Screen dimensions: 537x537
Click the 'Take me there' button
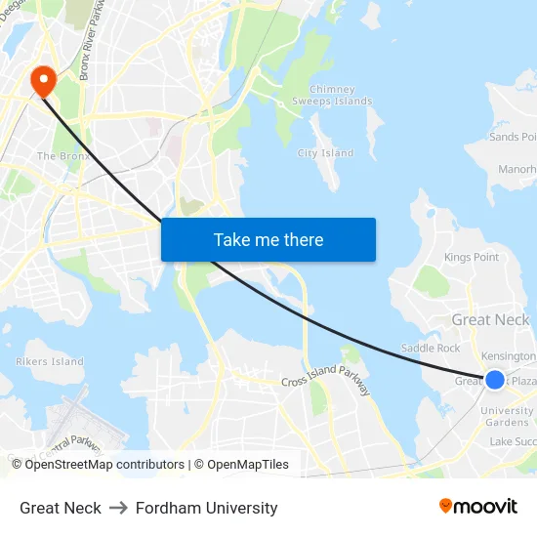click(x=268, y=239)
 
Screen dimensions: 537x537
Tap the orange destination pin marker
click(x=44, y=80)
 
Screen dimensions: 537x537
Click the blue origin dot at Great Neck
click(x=495, y=380)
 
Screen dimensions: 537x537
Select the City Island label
click(x=325, y=153)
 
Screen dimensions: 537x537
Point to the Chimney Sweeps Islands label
click(x=332, y=95)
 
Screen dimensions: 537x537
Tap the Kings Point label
click(x=472, y=257)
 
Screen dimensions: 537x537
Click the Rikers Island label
click(x=50, y=361)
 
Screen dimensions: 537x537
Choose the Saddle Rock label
click(x=431, y=349)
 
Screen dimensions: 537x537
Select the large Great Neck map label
click(x=490, y=320)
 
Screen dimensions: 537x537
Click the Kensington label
click(x=509, y=356)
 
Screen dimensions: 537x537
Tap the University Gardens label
click(x=507, y=417)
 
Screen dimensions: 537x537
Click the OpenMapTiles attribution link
click(x=247, y=465)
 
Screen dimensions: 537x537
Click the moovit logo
click(x=477, y=506)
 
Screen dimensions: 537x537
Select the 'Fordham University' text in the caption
click(x=207, y=508)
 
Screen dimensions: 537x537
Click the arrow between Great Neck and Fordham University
click(x=118, y=508)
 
